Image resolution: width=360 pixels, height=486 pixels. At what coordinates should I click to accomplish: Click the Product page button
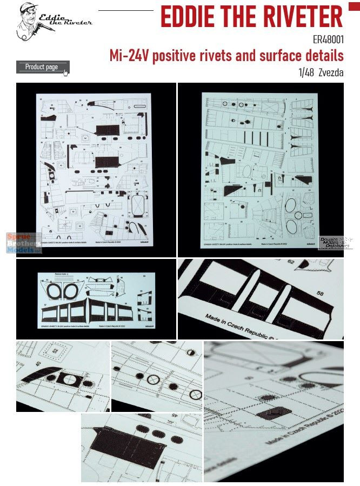(x=42, y=67)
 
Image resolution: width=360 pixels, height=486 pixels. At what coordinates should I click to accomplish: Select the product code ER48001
(x=328, y=40)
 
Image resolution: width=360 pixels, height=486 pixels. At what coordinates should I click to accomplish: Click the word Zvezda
(x=331, y=72)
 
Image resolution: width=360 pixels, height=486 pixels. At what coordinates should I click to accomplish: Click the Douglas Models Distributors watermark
(x=336, y=240)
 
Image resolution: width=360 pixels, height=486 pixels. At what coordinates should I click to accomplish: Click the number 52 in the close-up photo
(x=56, y=351)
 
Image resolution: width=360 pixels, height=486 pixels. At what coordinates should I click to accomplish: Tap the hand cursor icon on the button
(x=65, y=72)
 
